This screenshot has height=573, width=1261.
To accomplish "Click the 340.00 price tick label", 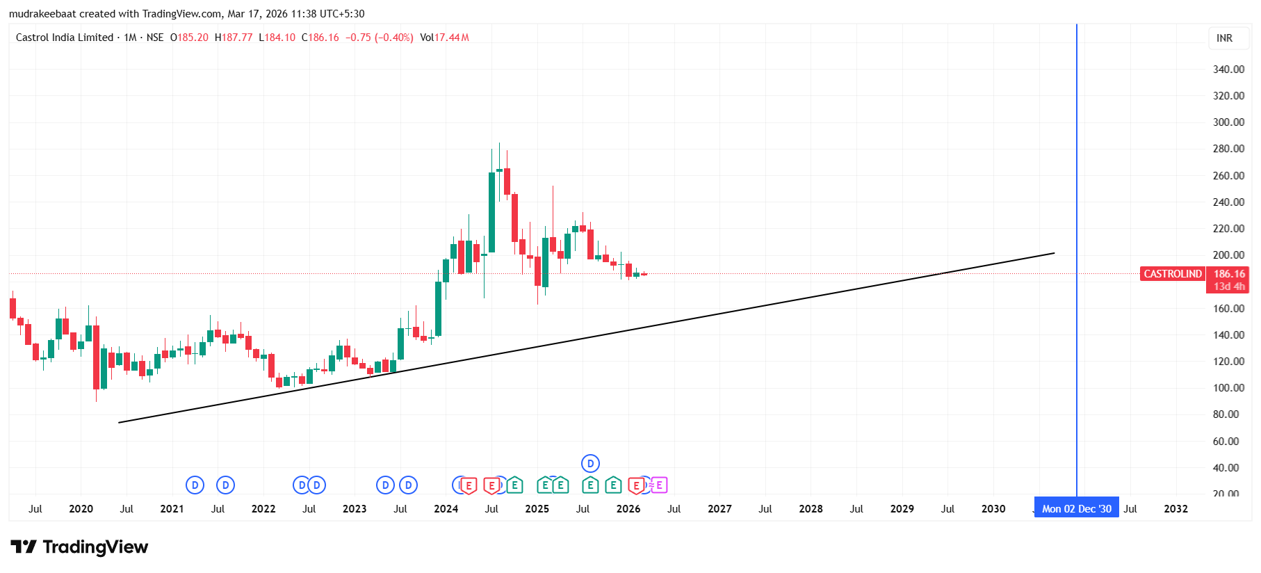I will [x=1228, y=69].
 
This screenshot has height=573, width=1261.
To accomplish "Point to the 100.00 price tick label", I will [x=1228, y=388].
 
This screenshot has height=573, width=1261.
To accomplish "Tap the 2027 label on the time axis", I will [x=719, y=509].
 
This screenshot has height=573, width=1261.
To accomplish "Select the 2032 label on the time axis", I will [x=1175, y=509].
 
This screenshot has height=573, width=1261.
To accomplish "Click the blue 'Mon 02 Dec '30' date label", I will [x=1076, y=509].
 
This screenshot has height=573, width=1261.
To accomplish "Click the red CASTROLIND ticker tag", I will [x=1173, y=274].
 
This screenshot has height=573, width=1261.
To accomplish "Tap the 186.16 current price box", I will [x=1229, y=274].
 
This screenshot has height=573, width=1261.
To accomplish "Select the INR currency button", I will [x=1224, y=38].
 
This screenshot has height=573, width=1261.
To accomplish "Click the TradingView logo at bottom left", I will [x=79, y=547].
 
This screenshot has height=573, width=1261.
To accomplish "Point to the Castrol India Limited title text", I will [x=65, y=38].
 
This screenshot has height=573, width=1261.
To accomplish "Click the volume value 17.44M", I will [x=452, y=38].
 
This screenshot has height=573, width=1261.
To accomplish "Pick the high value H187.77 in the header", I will [x=234, y=38].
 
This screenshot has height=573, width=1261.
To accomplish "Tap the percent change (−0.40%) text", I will [x=394, y=38].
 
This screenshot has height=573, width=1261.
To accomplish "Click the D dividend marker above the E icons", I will [x=590, y=463].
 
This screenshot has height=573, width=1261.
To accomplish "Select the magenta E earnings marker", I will [x=659, y=485].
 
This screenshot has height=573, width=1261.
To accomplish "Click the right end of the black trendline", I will [x=1054, y=253].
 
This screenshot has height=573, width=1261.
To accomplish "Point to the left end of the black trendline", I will [x=120, y=422].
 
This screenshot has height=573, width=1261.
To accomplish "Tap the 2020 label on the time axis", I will [x=81, y=509].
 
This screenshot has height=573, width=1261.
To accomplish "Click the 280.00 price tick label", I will [x=1228, y=149].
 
